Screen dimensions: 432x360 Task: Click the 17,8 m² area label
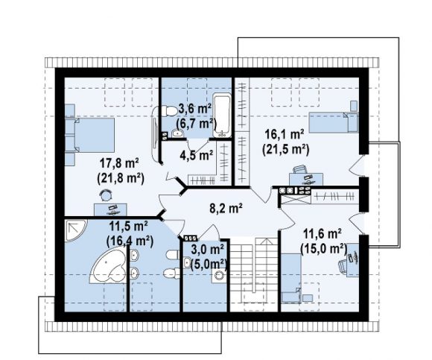(x=119, y=164)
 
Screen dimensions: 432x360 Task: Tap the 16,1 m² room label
(x=285, y=134)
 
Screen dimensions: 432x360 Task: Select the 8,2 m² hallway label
(x=226, y=208)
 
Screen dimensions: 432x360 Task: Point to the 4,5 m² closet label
(x=197, y=156)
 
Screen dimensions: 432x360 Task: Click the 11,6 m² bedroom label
(x=322, y=234)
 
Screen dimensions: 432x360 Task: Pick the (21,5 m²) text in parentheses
(x=286, y=150)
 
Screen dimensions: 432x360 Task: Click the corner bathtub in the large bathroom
(x=108, y=265)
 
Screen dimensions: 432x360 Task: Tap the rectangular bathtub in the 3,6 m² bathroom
(x=222, y=116)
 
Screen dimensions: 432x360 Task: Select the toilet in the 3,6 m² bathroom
(x=168, y=111)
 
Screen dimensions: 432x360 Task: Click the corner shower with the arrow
(x=75, y=230)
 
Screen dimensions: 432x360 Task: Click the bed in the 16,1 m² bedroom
(x=334, y=122)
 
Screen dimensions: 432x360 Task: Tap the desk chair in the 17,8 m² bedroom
(x=106, y=195)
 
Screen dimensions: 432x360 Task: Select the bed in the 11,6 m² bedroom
(x=291, y=279)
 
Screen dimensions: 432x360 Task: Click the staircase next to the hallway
(x=254, y=274)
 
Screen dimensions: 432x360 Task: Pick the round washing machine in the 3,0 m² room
(x=220, y=276)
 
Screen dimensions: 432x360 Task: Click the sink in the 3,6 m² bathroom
(x=178, y=133)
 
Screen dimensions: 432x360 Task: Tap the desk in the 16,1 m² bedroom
(x=306, y=179)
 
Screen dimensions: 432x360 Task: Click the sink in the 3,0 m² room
(x=188, y=262)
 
